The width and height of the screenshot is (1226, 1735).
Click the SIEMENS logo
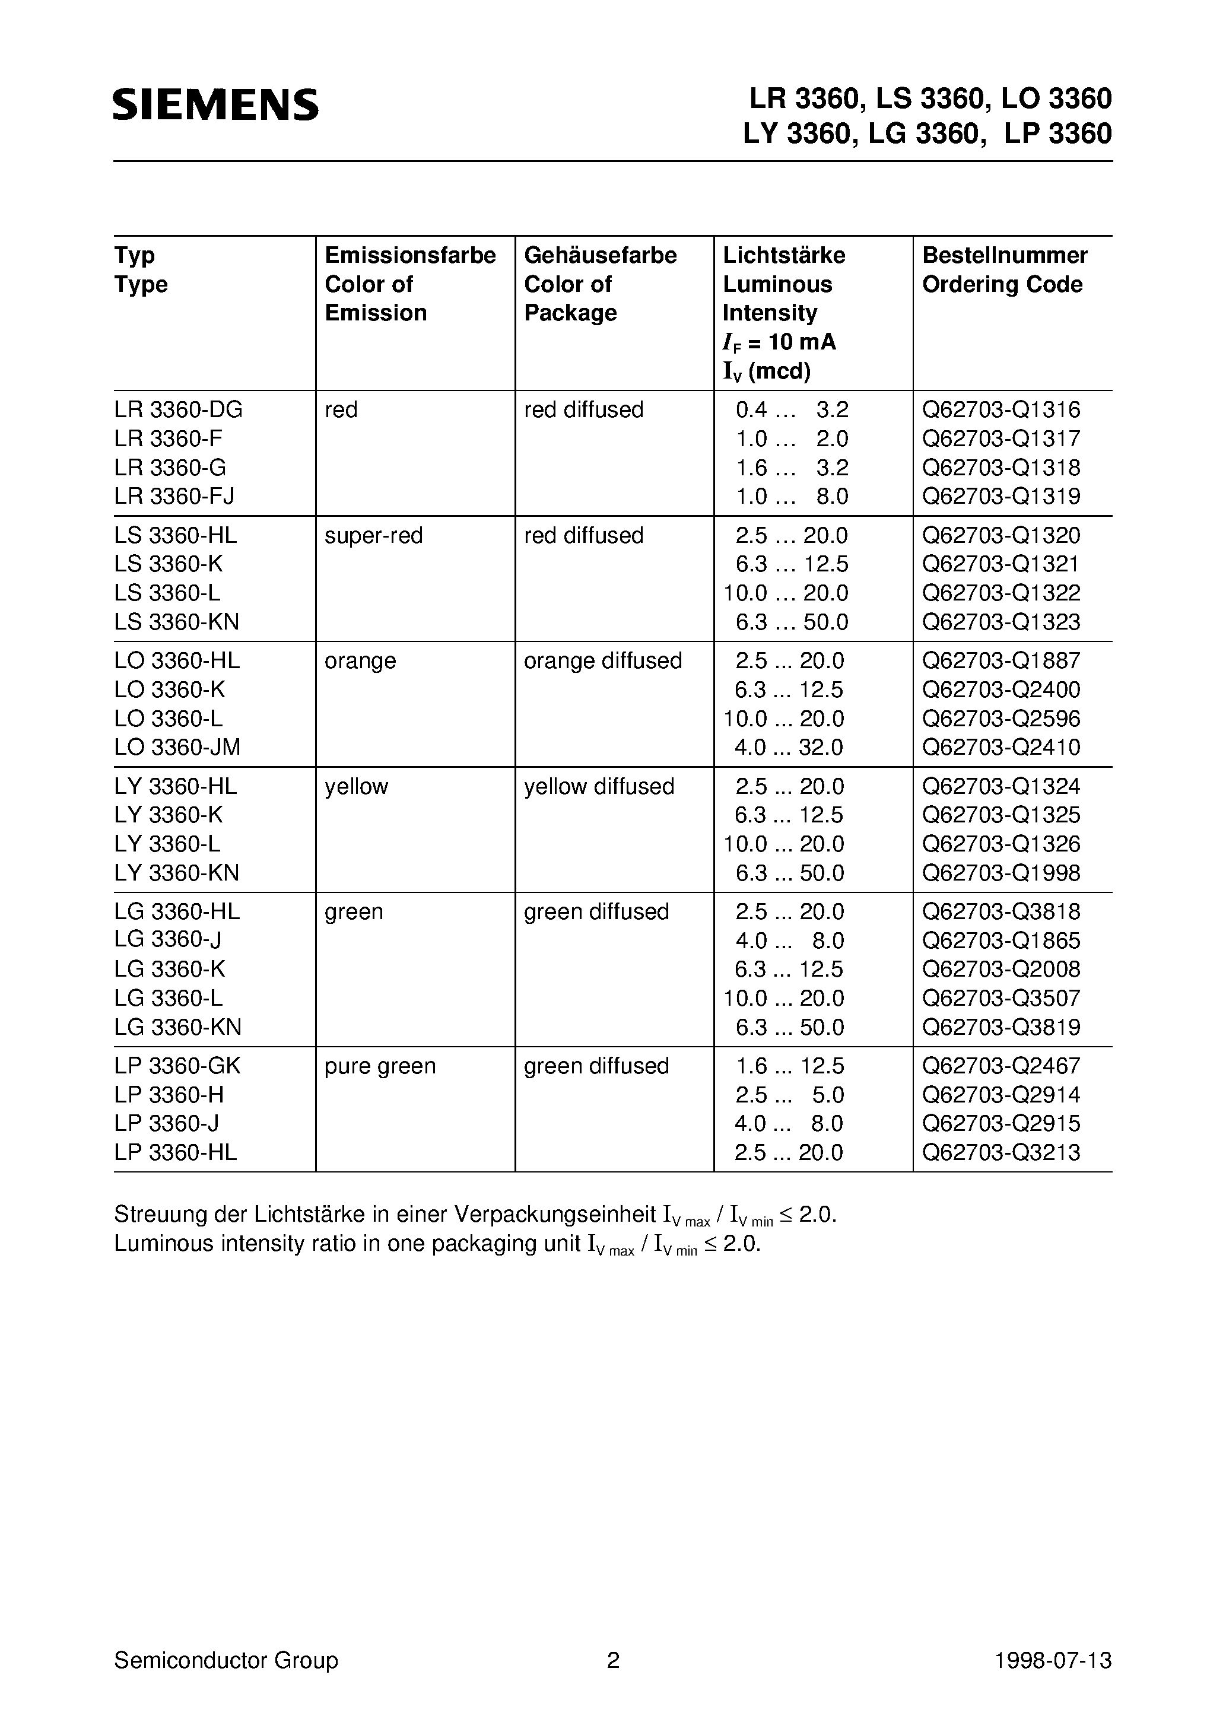[216, 104]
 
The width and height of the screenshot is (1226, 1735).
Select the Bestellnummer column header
[1005, 255]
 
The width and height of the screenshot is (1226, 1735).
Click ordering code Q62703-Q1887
[1001, 661]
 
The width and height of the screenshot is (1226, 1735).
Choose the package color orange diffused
[602, 661]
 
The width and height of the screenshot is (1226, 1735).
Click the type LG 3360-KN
[177, 1027]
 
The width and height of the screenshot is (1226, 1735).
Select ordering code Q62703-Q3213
[1001, 1152]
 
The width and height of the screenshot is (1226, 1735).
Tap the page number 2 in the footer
[613, 1660]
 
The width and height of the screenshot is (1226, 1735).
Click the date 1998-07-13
[1053, 1660]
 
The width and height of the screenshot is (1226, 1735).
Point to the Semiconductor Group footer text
[226, 1660]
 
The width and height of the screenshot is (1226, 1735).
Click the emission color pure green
[380, 1066]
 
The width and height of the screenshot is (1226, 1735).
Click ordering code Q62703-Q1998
[1001, 873]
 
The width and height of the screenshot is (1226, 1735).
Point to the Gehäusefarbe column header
[600, 255]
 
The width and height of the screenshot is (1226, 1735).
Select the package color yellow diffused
[599, 787]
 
